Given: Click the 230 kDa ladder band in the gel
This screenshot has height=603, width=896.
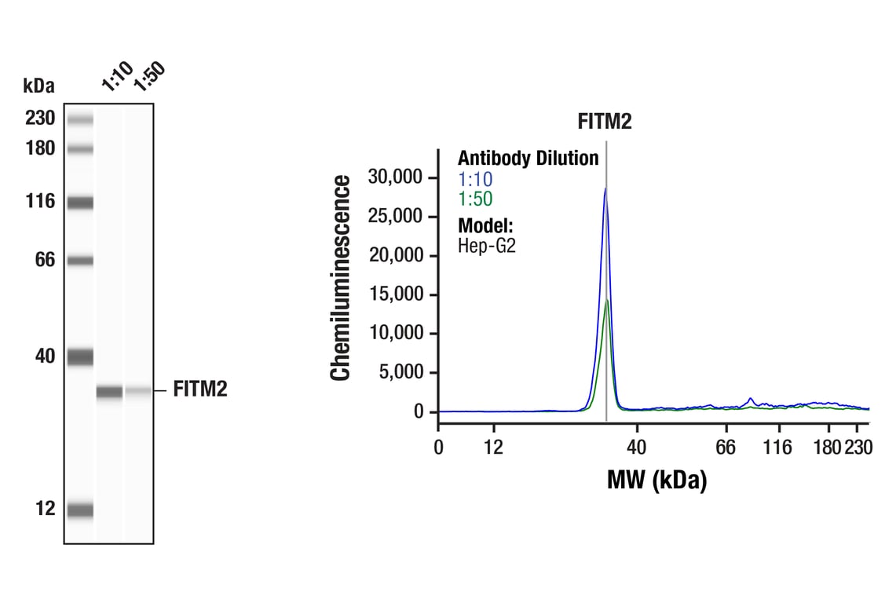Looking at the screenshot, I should pyautogui.click(x=80, y=120).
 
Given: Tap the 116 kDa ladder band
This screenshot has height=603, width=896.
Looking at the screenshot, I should pyautogui.click(x=80, y=203).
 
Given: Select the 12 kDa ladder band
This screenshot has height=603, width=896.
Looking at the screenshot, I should pyautogui.click(x=80, y=510).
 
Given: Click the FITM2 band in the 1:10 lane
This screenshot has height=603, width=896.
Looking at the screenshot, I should pyautogui.click(x=109, y=392).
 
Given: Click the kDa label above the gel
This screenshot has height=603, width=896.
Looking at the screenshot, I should pyautogui.click(x=38, y=85).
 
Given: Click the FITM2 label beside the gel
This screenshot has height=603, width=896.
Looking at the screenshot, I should pyautogui.click(x=200, y=389).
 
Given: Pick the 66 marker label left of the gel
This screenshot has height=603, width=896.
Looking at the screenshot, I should pyautogui.click(x=46, y=259).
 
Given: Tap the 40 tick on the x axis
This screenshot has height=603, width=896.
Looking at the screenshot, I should pyautogui.click(x=637, y=448).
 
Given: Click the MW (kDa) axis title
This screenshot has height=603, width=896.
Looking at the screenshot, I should pyautogui.click(x=656, y=480).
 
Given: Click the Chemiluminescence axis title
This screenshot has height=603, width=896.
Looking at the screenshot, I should pyautogui.click(x=341, y=279).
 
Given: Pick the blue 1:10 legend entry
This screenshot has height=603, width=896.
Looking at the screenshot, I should pyautogui.click(x=475, y=179).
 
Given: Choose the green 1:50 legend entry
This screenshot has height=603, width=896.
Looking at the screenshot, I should pyautogui.click(x=475, y=199).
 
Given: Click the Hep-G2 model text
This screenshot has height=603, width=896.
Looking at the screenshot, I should pyautogui.click(x=486, y=244).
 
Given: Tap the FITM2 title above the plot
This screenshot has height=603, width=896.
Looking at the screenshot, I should pyautogui.click(x=605, y=122).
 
